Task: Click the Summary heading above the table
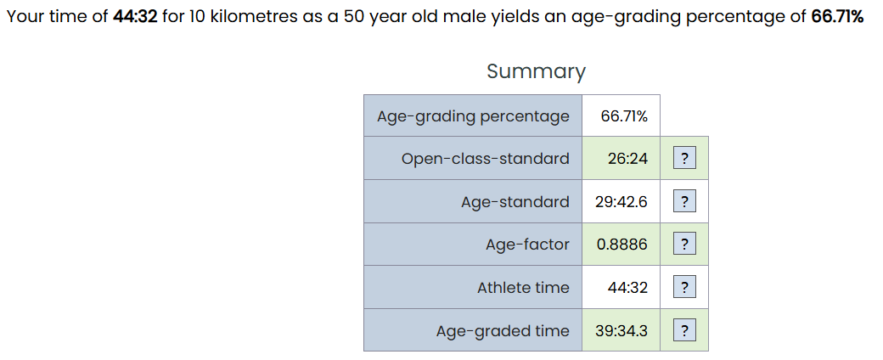pyautogui.click(x=536, y=71)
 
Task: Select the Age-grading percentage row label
pyautogui.click(x=473, y=116)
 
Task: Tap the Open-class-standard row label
pyautogui.click(x=485, y=159)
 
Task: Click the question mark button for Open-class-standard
pyautogui.click(x=684, y=158)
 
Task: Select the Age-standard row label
pyautogui.click(x=515, y=202)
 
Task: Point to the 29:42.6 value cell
pyautogui.click(x=621, y=202)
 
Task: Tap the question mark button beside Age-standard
pyautogui.click(x=684, y=201)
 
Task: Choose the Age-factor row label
pyautogui.click(x=527, y=245)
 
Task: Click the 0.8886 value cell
pyautogui.click(x=621, y=245)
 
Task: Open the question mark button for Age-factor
pyautogui.click(x=684, y=244)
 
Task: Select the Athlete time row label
pyautogui.click(x=523, y=288)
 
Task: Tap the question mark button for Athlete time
pyautogui.click(x=684, y=287)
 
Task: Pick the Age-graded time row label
pyautogui.click(x=503, y=330)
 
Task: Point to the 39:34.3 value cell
pyautogui.click(x=621, y=330)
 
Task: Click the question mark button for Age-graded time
pyautogui.click(x=684, y=330)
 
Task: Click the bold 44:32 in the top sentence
pyautogui.click(x=135, y=17)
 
